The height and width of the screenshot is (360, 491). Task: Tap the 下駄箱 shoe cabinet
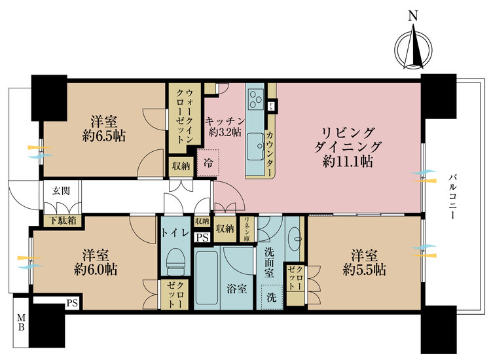[x=63, y=221]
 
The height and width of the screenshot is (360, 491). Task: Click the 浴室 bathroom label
[x=237, y=288]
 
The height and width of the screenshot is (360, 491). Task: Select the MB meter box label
[x=20, y=323]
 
